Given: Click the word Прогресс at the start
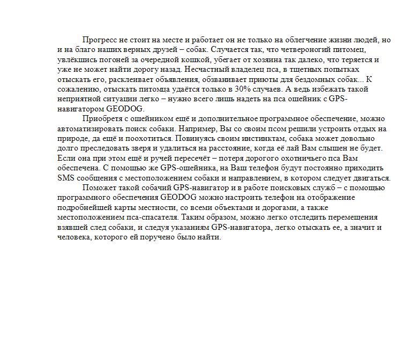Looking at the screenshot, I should tap(99, 40).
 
